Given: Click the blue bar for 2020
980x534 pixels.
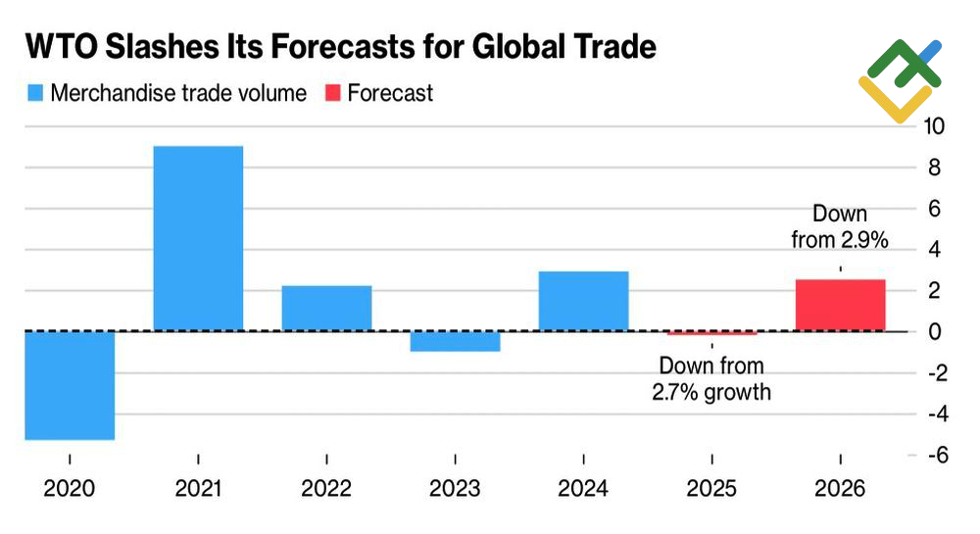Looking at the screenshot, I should click(70, 385).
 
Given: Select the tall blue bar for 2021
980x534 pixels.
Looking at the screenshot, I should click(198, 238).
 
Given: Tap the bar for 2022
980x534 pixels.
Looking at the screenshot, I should click(326, 308).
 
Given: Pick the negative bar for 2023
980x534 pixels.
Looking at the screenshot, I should click(455, 341).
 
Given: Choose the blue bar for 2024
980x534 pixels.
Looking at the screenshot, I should click(583, 301).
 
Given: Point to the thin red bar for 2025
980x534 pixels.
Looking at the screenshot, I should click(711, 333).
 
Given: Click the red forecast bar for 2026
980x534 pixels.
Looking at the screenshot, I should click(840, 306).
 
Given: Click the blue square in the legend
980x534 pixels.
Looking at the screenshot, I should click(35, 94).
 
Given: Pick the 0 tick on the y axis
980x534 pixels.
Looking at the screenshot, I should click(936, 331).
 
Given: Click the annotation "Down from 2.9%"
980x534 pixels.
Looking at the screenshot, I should click(840, 225).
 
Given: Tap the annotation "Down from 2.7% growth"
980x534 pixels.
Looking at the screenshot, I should click(711, 379).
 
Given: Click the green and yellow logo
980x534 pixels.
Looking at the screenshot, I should click(898, 78).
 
